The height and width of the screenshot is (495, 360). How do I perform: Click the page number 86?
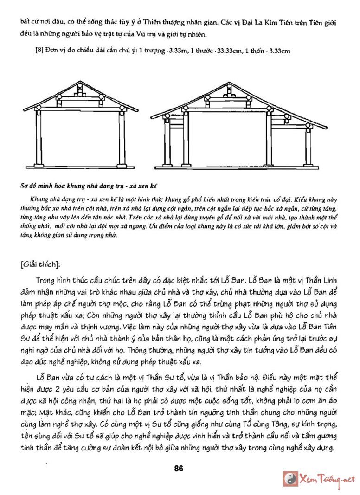pyautogui.click(x=179, y=468)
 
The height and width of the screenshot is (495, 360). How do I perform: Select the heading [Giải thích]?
pyautogui.click(x=40, y=264)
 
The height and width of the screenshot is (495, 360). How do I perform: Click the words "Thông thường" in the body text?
pyautogui.click(x=148, y=350)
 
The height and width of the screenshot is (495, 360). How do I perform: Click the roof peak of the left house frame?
pyautogui.click(x=79, y=82)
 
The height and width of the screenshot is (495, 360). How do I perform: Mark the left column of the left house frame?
pyautogui.click(x=39, y=139)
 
